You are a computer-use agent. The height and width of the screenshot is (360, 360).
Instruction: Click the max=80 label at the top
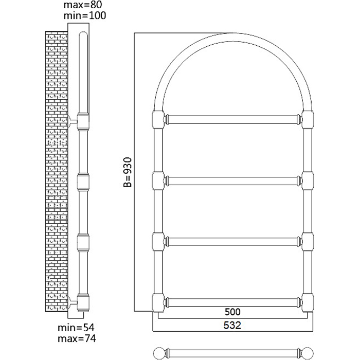(x=83, y=5)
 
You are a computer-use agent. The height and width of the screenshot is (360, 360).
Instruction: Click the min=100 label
(x=85, y=15)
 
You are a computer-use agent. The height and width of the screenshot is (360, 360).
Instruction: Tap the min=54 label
(x=76, y=328)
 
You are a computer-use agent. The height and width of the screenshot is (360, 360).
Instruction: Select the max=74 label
(x=77, y=338)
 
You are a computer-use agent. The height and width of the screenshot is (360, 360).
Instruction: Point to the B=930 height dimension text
(x=128, y=172)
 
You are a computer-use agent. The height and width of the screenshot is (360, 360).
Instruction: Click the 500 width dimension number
(x=232, y=312)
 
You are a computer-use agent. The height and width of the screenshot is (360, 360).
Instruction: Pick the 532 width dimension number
(x=232, y=326)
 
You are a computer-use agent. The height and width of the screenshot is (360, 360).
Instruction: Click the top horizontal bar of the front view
(x=233, y=120)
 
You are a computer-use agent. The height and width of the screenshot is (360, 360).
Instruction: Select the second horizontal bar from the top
(x=233, y=181)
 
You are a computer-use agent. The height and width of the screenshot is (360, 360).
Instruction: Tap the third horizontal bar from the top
(x=233, y=242)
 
